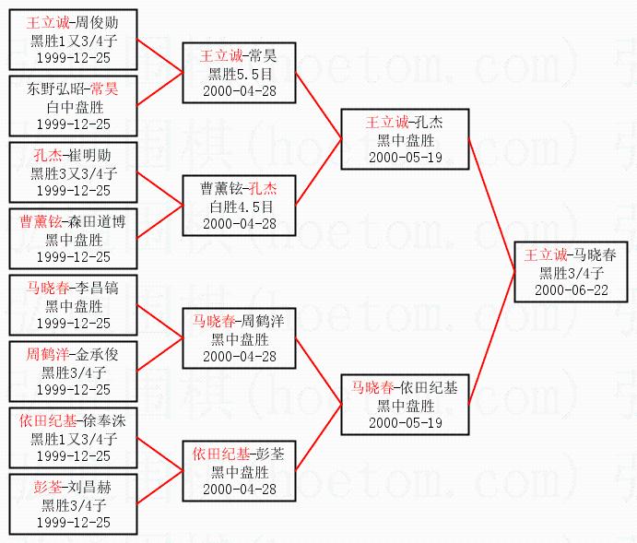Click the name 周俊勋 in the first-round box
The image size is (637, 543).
point(96,22)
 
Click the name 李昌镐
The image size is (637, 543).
point(96,288)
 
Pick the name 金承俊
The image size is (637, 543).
point(96,354)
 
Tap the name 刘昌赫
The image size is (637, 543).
point(88,487)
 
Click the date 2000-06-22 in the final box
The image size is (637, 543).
point(572,289)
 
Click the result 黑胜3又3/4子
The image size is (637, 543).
point(74,172)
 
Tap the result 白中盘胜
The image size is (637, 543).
point(74,106)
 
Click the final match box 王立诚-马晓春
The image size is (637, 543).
point(572,272)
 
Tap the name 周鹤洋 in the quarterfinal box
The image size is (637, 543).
point(263,321)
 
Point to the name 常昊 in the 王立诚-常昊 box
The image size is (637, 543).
point(263,55)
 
